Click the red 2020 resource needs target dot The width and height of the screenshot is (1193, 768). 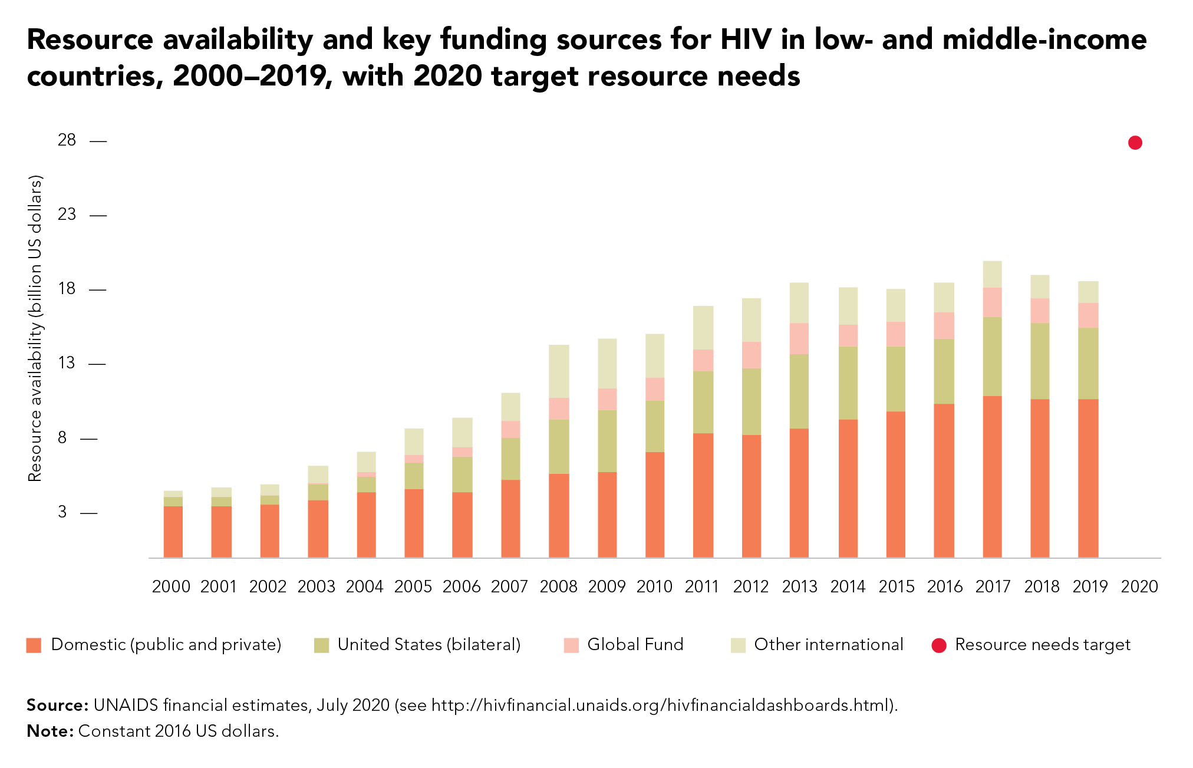click(x=1135, y=143)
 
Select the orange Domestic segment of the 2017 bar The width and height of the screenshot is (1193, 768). click(x=993, y=477)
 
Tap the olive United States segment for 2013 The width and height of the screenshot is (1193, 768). click(x=799, y=391)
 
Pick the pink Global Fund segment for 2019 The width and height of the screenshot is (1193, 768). click(x=1088, y=315)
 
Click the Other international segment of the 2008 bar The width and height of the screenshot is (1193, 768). click(x=559, y=371)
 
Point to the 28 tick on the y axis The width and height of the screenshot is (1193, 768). click(x=98, y=141)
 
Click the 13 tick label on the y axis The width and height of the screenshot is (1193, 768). click(x=67, y=362)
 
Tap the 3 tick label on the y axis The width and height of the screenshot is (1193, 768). click(x=62, y=512)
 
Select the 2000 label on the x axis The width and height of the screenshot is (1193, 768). click(x=171, y=586)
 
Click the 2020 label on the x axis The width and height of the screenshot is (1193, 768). click(x=1139, y=586)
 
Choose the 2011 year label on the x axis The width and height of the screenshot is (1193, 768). click(x=702, y=586)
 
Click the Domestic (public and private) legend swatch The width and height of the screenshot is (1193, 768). click(x=34, y=645)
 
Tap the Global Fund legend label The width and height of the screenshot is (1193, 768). click(x=635, y=644)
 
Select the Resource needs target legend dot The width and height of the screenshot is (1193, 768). click(x=938, y=645)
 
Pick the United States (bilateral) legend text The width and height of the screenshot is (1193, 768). click(x=429, y=645)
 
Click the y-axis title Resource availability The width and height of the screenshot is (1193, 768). click(x=35, y=328)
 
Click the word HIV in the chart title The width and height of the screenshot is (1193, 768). click(x=746, y=39)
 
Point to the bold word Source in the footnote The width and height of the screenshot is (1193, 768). click(x=57, y=705)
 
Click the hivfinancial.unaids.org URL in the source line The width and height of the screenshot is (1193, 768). click(x=660, y=706)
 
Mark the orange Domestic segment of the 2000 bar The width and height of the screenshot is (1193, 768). click(x=173, y=532)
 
